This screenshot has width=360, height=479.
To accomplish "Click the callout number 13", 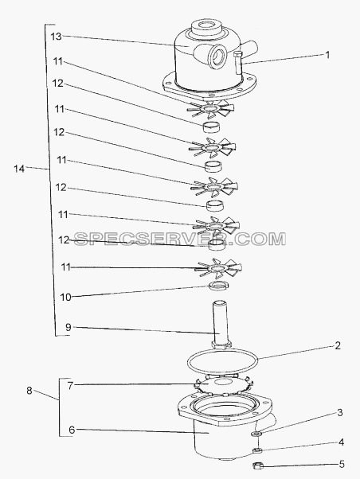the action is click(x=56, y=37).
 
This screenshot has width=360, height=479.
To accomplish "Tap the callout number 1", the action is click(x=327, y=55).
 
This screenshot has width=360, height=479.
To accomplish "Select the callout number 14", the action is click(x=19, y=169).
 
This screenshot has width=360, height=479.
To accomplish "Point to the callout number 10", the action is click(x=65, y=297).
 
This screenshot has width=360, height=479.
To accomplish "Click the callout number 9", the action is click(x=68, y=327).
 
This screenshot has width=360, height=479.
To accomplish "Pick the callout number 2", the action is click(x=338, y=346).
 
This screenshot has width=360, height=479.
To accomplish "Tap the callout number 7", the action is click(x=70, y=386).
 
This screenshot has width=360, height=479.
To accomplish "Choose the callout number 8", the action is click(x=29, y=391).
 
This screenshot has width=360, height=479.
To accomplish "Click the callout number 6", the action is click(x=72, y=430).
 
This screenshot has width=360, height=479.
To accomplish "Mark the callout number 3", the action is click(x=340, y=413).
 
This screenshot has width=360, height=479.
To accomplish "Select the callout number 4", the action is click(x=341, y=442).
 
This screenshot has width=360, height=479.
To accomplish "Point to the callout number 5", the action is click(x=342, y=465).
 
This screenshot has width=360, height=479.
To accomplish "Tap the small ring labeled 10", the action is click(x=219, y=286).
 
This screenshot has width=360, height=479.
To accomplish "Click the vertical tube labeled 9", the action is click(x=220, y=325).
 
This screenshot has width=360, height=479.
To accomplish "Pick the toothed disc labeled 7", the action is click(x=222, y=385).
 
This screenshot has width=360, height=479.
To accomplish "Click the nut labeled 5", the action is click(x=257, y=465).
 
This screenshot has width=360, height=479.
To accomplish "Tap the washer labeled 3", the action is click(x=256, y=433).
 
